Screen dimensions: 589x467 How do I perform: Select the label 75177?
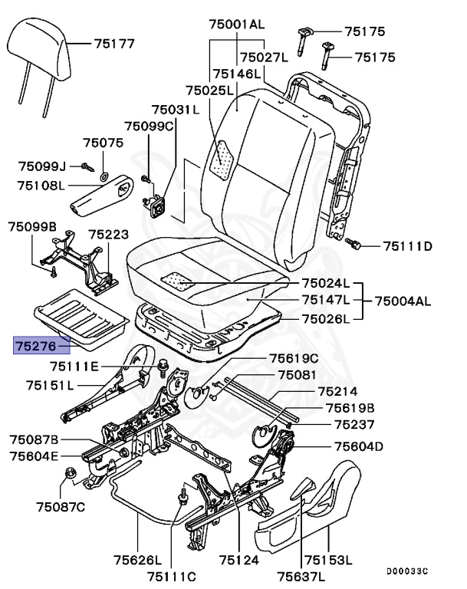(x=114, y=44)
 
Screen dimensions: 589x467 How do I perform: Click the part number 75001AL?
(x=236, y=25)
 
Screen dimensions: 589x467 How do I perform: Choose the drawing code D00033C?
(x=407, y=571)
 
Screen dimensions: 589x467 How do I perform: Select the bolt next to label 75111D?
(x=355, y=245)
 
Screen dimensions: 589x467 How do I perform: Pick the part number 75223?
(x=108, y=235)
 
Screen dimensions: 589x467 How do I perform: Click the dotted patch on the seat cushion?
(x=180, y=281)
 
